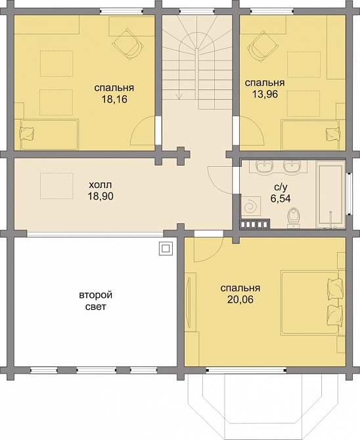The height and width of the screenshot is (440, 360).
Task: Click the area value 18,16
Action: coord(114,99)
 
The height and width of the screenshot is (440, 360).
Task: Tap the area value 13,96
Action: coord(265,94)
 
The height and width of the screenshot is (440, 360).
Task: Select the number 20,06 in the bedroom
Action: coord(240,299)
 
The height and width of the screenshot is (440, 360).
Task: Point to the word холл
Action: coord(101,185)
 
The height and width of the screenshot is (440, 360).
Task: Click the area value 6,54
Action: coord(281,198)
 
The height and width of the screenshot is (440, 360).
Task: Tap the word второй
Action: coord(96,296)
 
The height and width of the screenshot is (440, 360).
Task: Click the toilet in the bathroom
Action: coord(294,217)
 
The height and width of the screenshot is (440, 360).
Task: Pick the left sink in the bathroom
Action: coord(264,166)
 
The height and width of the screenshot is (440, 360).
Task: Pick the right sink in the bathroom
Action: coord(292,166)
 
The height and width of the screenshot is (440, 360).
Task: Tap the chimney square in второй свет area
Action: coord(165,248)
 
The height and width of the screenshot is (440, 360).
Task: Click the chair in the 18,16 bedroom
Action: coord(127,43)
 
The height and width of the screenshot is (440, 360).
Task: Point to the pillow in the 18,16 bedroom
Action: coord(27,133)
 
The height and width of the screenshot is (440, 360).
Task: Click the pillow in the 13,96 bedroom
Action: coord(333,133)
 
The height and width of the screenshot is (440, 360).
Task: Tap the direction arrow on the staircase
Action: coord(179,96)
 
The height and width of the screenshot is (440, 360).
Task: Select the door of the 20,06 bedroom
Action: coord(208,246)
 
